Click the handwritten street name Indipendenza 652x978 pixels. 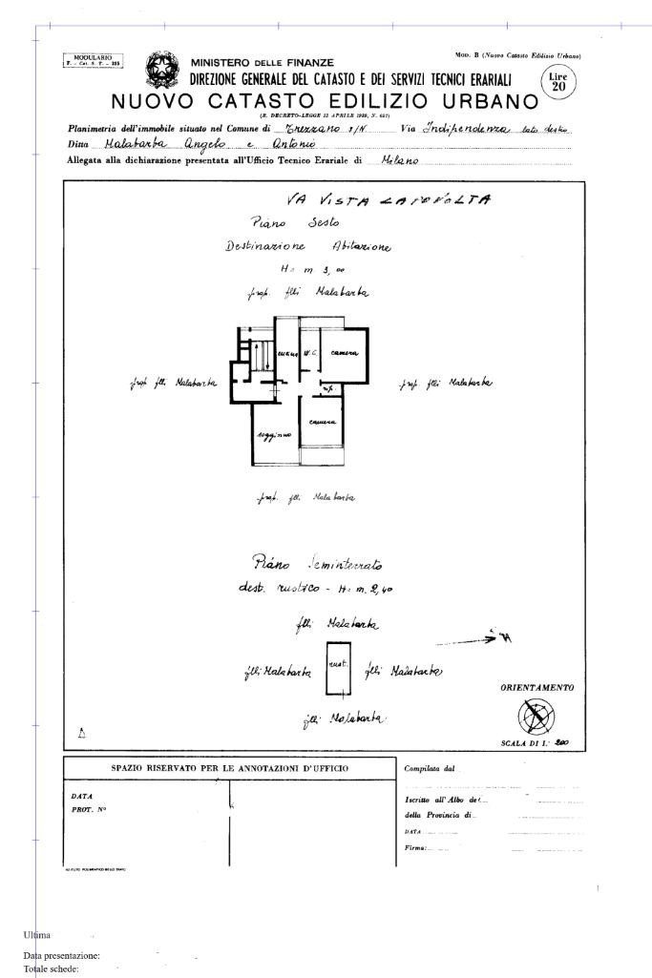click(467, 127)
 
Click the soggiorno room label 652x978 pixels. click(272, 435)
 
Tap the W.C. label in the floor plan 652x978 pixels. click(309, 353)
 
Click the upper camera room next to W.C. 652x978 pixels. click(344, 353)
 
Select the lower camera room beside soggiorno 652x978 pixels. click(322, 422)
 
